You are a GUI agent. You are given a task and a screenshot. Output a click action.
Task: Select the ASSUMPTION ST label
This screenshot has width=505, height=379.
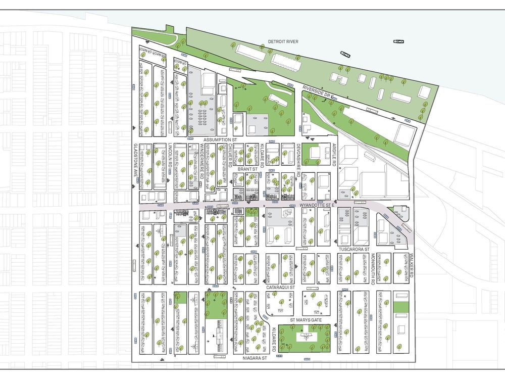[x=220, y=138]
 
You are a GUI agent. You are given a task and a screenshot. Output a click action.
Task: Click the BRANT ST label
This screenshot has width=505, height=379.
[x=248, y=169]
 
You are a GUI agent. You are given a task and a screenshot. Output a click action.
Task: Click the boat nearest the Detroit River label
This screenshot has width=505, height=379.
[x=345, y=54]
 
